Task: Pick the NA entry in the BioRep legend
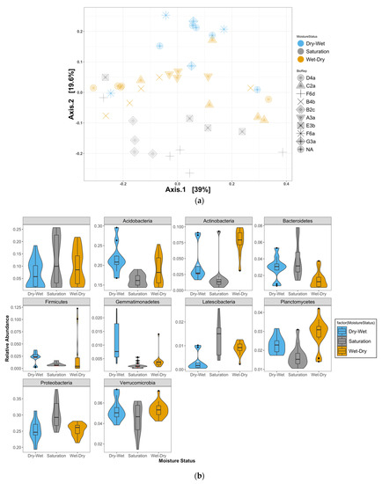coord(320,150)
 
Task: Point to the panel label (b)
coord(192,476)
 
